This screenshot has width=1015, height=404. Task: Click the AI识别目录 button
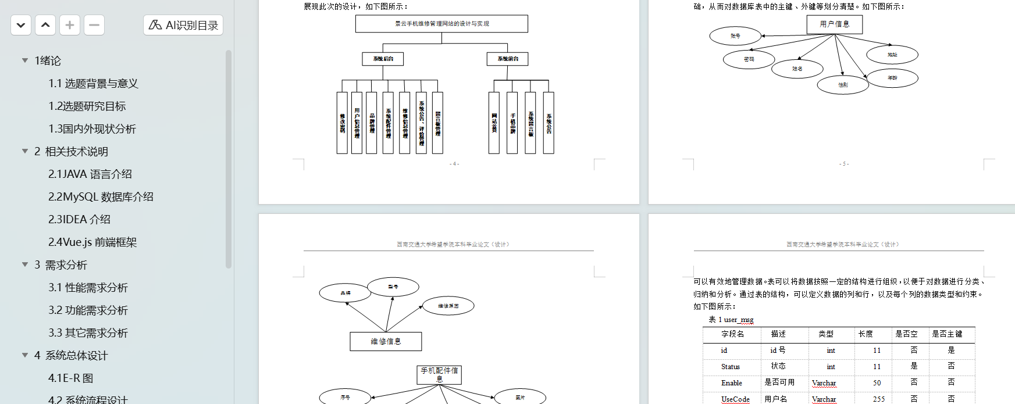click(183, 25)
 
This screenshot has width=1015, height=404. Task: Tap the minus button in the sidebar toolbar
click(94, 25)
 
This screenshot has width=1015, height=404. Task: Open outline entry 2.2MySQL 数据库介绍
click(101, 197)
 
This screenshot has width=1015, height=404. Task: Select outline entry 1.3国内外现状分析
click(92, 129)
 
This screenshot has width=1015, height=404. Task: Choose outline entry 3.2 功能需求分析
click(88, 310)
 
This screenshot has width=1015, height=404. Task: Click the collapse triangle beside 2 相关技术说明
click(25, 152)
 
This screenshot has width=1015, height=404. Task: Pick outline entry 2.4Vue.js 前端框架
click(92, 242)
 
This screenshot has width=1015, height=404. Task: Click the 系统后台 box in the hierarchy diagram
click(383, 59)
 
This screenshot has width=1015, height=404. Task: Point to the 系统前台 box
click(508, 59)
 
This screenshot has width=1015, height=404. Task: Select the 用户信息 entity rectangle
click(834, 24)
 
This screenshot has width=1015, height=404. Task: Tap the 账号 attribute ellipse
click(735, 36)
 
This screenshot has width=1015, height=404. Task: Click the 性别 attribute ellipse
click(843, 85)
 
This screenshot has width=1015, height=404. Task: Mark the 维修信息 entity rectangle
click(386, 341)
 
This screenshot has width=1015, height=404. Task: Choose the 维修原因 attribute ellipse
click(448, 306)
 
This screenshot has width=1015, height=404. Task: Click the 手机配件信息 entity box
click(439, 374)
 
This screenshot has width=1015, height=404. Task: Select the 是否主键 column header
click(947, 334)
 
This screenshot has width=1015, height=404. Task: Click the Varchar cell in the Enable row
click(824, 383)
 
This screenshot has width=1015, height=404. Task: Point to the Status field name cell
click(731, 367)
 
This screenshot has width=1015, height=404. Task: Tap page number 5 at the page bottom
click(844, 164)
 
